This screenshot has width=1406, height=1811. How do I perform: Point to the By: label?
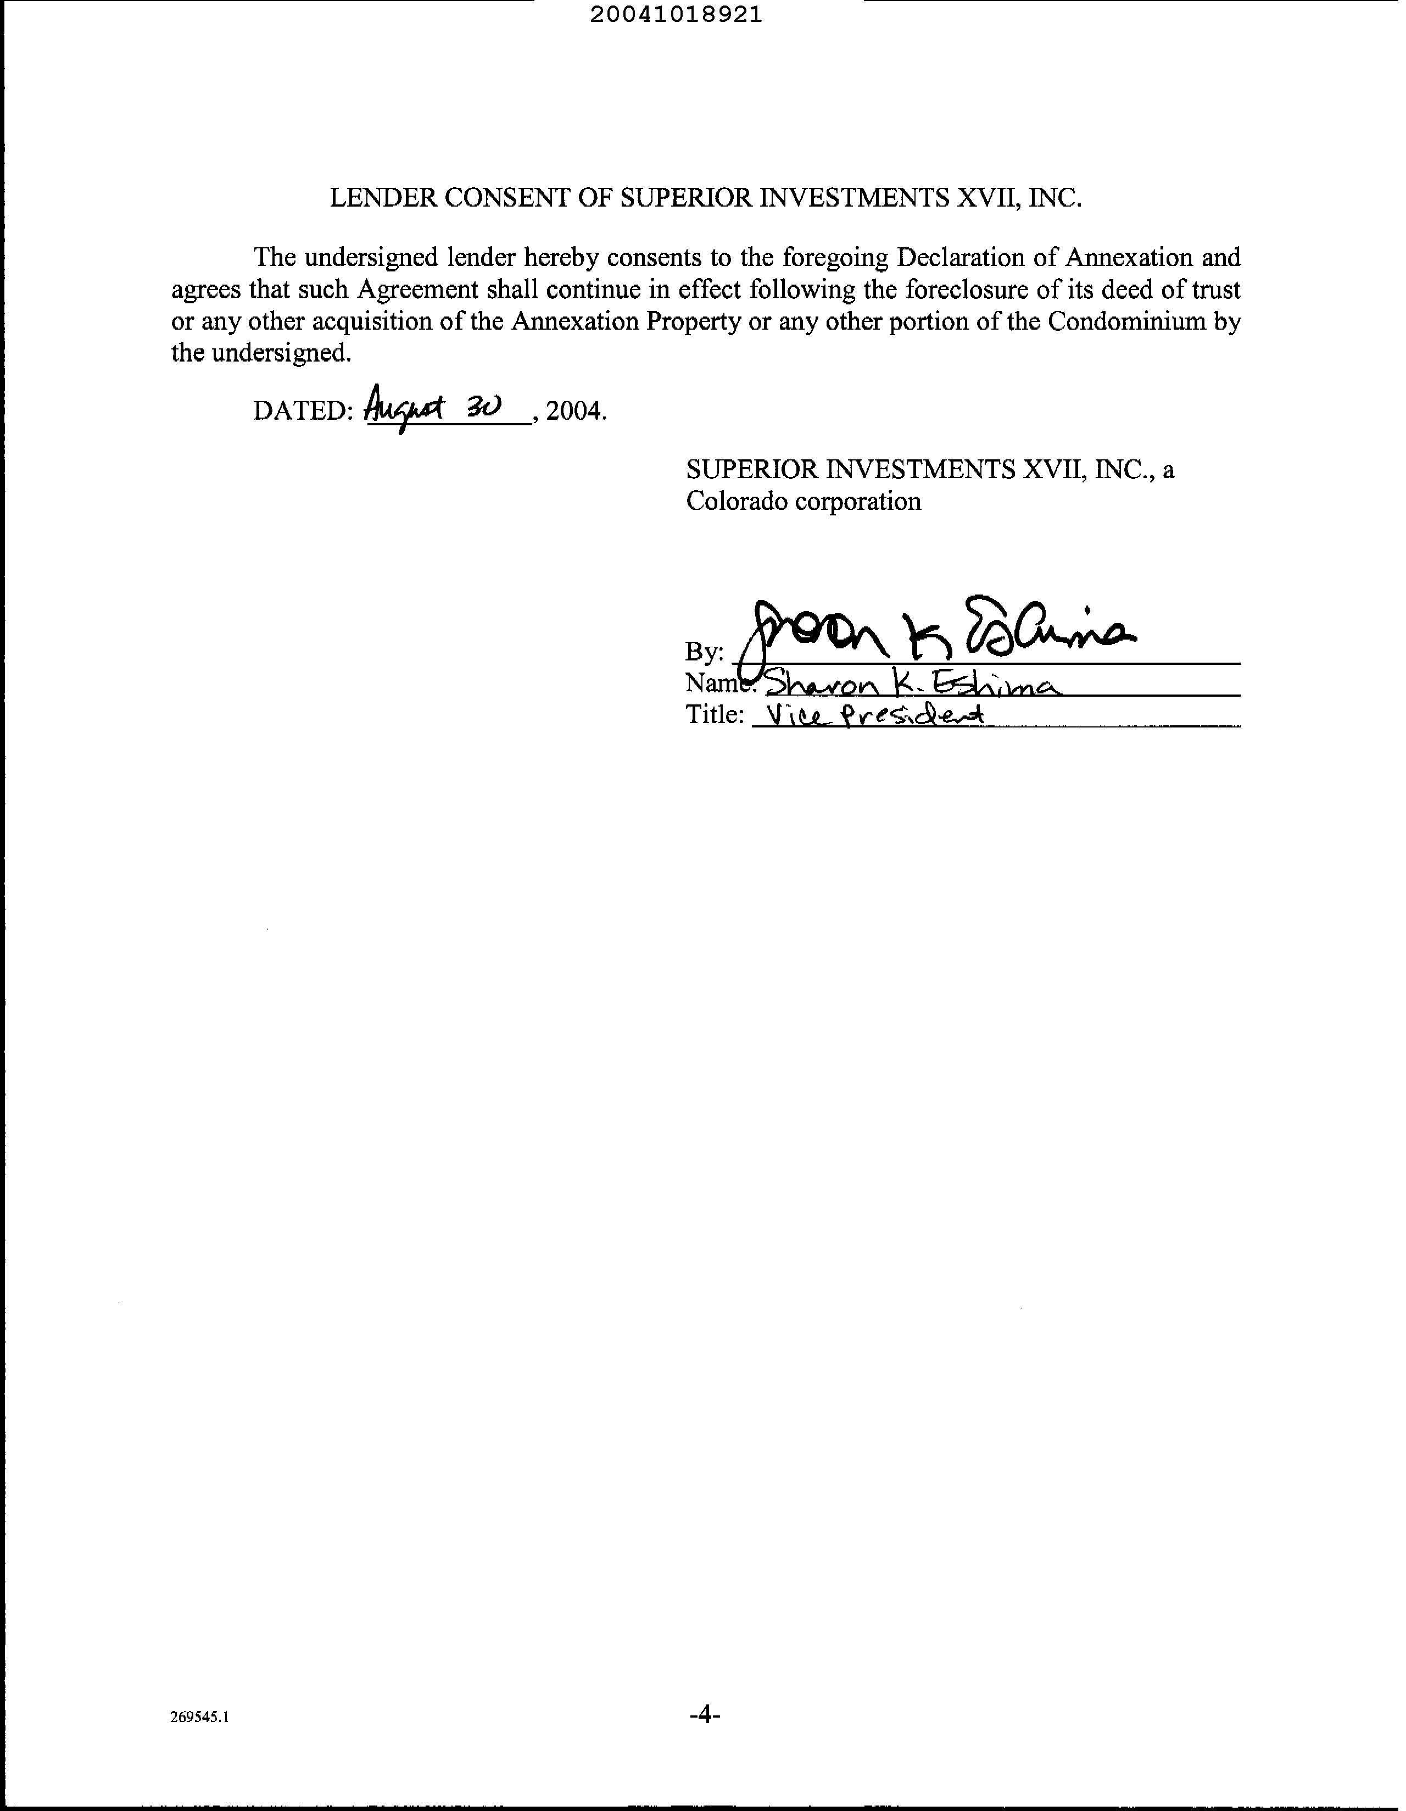coord(705,653)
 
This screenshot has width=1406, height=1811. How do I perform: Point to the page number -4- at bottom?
coord(704,1714)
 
